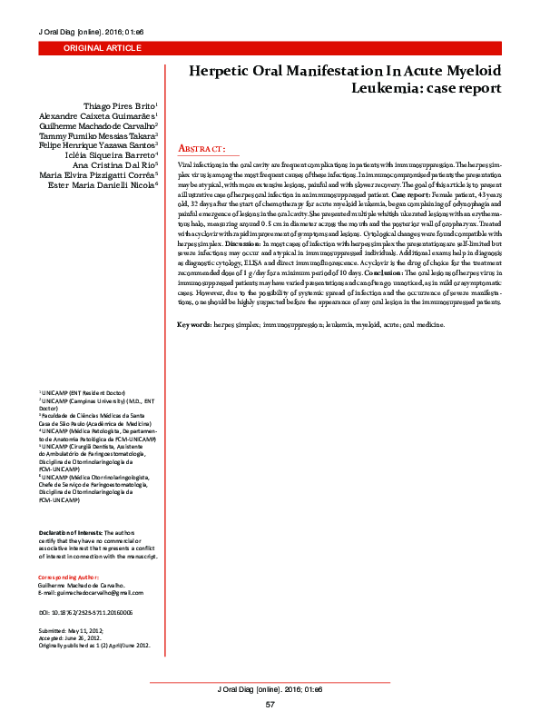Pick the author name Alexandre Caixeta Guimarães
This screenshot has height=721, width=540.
[x=98, y=117]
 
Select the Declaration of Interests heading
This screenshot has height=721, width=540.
[x=70, y=531]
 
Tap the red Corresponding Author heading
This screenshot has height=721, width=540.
[x=69, y=577]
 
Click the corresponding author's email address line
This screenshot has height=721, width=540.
[x=91, y=592]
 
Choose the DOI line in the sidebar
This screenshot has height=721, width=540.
[x=85, y=613]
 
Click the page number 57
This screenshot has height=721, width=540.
[x=270, y=705]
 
